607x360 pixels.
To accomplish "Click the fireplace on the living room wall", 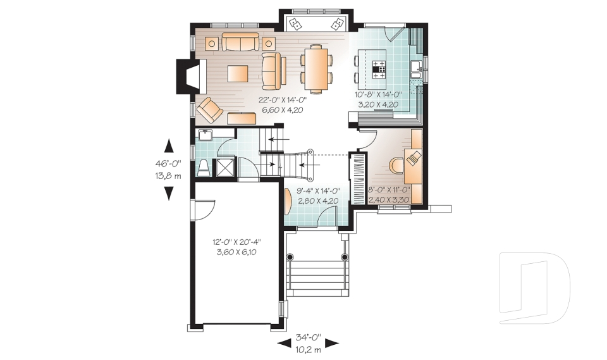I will [187, 76].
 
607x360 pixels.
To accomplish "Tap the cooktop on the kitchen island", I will [379, 69].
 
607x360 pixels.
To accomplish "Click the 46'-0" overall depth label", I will [168, 163].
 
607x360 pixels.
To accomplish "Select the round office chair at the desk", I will [396, 164].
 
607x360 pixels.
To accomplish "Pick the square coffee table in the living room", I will [238, 73].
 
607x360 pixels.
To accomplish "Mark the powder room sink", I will [205, 134].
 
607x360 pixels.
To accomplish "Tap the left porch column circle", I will [290, 257].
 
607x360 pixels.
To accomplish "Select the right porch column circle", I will [345, 257].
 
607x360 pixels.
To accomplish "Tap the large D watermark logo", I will [534, 288].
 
